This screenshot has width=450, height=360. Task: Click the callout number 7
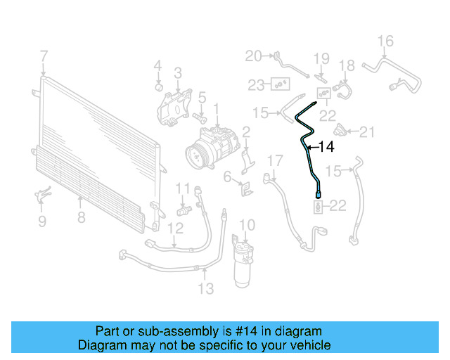click(44, 56)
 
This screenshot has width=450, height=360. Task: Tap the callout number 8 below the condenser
click(82, 217)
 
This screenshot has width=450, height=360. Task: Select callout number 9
click(42, 221)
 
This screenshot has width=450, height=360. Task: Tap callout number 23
click(256, 85)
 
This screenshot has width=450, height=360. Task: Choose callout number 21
click(368, 131)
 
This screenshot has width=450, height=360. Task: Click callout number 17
click(274, 160)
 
